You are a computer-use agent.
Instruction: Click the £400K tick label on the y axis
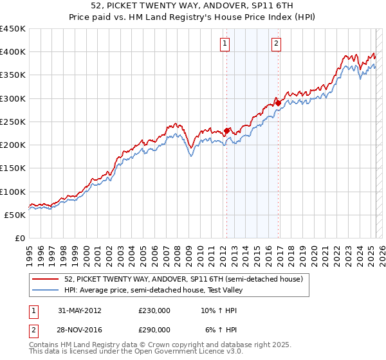(12, 52)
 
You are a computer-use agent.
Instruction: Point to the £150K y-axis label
(12, 168)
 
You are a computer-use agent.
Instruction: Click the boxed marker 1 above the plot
(225, 44)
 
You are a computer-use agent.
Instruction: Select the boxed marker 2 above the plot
(276, 44)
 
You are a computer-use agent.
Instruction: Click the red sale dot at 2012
(226, 131)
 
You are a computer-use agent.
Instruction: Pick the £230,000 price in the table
(154, 310)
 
